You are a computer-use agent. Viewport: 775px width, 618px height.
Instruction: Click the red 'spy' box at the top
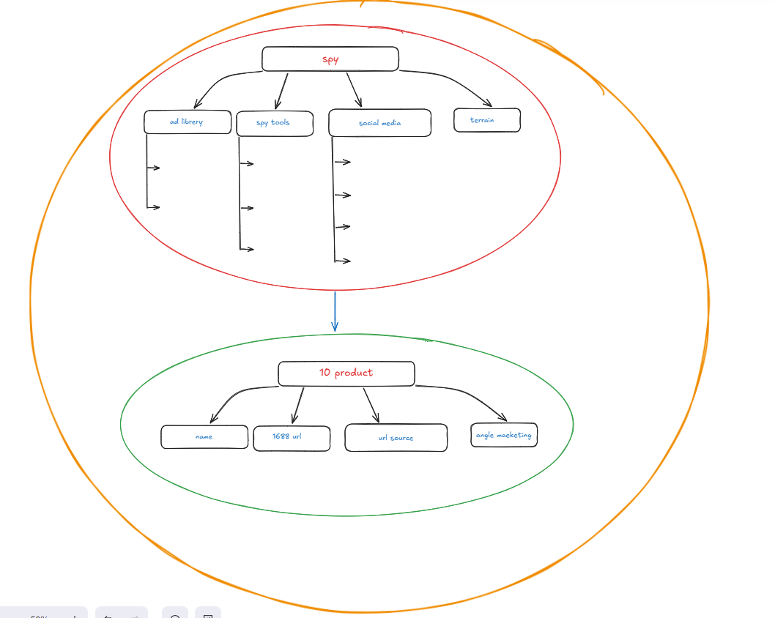330,59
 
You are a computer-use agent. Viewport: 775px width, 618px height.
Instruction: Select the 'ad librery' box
188,122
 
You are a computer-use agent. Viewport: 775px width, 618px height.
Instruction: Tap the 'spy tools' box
275,124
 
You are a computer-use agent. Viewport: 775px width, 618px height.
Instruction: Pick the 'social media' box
379,122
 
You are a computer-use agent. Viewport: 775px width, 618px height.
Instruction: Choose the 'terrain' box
487,120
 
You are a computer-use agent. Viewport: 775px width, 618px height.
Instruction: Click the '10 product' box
346,373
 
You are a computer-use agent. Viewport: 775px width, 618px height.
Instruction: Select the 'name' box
204,436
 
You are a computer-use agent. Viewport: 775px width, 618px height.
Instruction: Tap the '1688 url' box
292,438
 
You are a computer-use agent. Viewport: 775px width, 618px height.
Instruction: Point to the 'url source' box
396,438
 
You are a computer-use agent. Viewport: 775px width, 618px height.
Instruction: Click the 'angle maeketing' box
504,435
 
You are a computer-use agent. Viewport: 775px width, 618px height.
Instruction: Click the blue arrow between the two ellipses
335,311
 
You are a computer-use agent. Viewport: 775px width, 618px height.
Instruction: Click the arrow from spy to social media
354,89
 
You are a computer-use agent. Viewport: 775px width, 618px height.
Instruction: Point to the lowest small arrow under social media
343,261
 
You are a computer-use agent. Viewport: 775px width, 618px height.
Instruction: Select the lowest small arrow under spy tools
247,249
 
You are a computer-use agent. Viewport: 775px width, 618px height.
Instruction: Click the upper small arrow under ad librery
153,168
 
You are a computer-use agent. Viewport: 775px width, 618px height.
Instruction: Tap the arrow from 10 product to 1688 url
298,405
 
